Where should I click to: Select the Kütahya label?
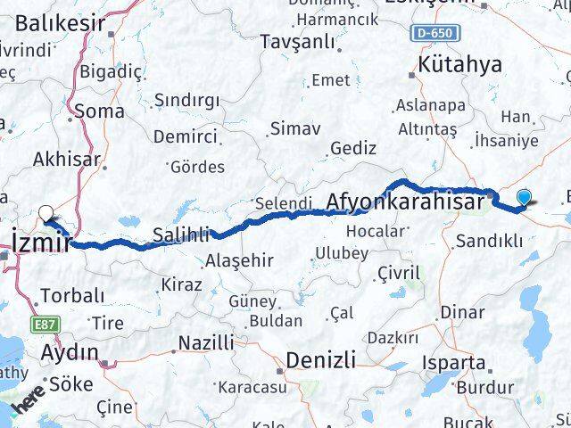459,64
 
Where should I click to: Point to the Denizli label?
320,360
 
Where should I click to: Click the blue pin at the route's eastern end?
524,199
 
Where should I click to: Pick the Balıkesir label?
60,23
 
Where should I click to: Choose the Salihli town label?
181,235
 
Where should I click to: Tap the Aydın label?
70,352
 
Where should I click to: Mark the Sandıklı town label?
489,240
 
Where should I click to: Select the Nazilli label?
206,342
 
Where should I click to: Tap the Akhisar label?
67,160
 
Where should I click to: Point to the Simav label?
289,128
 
